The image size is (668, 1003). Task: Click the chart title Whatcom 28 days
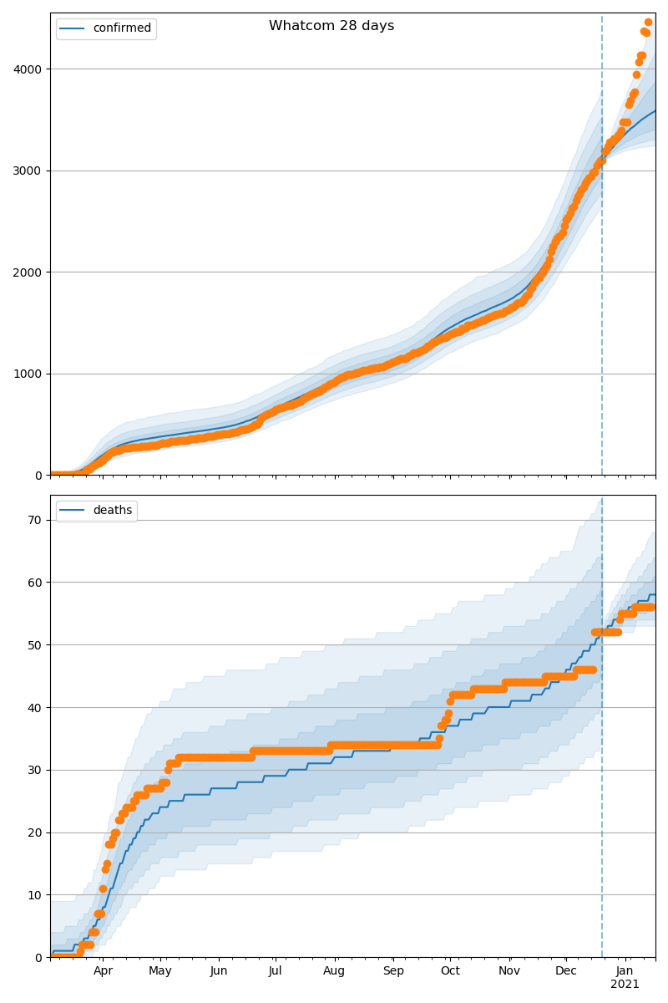[x=331, y=26]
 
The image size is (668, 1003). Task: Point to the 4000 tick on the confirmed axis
[x=29, y=69]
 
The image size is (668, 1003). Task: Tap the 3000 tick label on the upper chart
[x=29, y=171]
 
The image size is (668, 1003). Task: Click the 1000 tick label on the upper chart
[x=29, y=374]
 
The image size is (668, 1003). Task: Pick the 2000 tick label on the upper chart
[x=29, y=272]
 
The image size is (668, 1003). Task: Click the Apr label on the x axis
[x=103, y=971]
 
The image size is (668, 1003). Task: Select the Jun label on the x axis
[x=219, y=971]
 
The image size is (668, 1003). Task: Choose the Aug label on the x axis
[x=334, y=971]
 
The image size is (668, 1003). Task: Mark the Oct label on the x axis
[x=450, y=971]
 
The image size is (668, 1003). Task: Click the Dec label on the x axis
[x=566, y=971]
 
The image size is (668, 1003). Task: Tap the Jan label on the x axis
[x=625, y=971]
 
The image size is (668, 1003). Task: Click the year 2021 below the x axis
[x=625, y=985]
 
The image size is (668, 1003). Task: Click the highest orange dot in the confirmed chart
[x=648, y=23]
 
